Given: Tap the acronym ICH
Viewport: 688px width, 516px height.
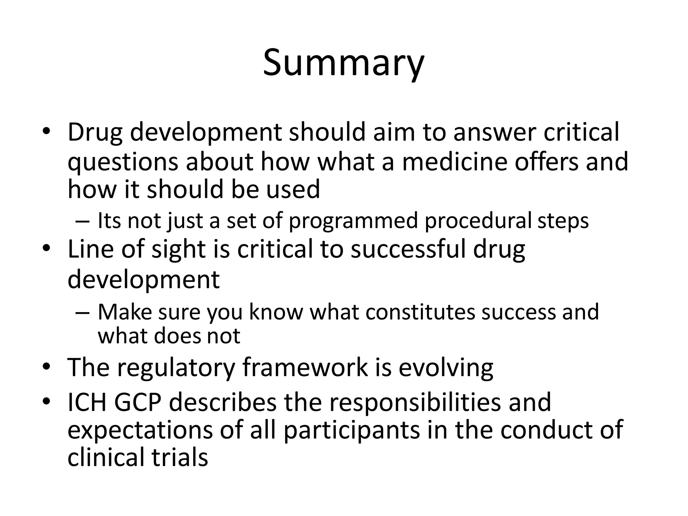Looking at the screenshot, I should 87,402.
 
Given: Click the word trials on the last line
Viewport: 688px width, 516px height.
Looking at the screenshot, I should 180,458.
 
